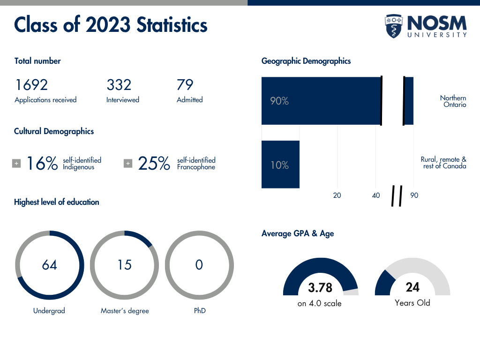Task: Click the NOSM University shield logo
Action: pyautogui.click(x=394, y=26)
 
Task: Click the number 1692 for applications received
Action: pyautogui.click(x=31, y=85)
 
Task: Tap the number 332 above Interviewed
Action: pyautogui.click(x=119, y=85)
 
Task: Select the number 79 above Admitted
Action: pyautogui.click(x=185, y=85)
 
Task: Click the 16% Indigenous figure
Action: pyautogui.click(x=42, y=164)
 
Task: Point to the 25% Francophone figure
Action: pyautogui.click(x=154, y=164)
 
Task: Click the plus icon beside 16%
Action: pyautogui.click(x=16, y=164)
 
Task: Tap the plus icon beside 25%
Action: pyautogui.click(x=128, y=164)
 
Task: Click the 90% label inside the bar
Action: pyautogui.click(x=279, y=101)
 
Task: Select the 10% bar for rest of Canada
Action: pyautogui.click(x=280, y=165)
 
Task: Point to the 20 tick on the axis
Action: pyautogui.click(x=337, y=195)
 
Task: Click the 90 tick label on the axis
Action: pyautogui.click(x=414, y=195)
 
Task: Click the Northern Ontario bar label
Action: pyautogui.click(x=453, y=101)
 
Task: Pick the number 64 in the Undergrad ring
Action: pyautogui.click(x=49, y=265)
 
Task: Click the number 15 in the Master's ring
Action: pyautogui.click(x=124, y=265)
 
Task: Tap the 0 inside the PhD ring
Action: pyautogui.click(x=199, y=265)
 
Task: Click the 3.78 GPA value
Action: pyautogui.click(x=320, y=287)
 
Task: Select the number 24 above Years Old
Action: pyautogui.click(x=412, y=287)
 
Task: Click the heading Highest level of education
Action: pyautogui.click(x=57, y=202)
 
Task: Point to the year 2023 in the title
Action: pyautogui.click(x=108, y=25)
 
